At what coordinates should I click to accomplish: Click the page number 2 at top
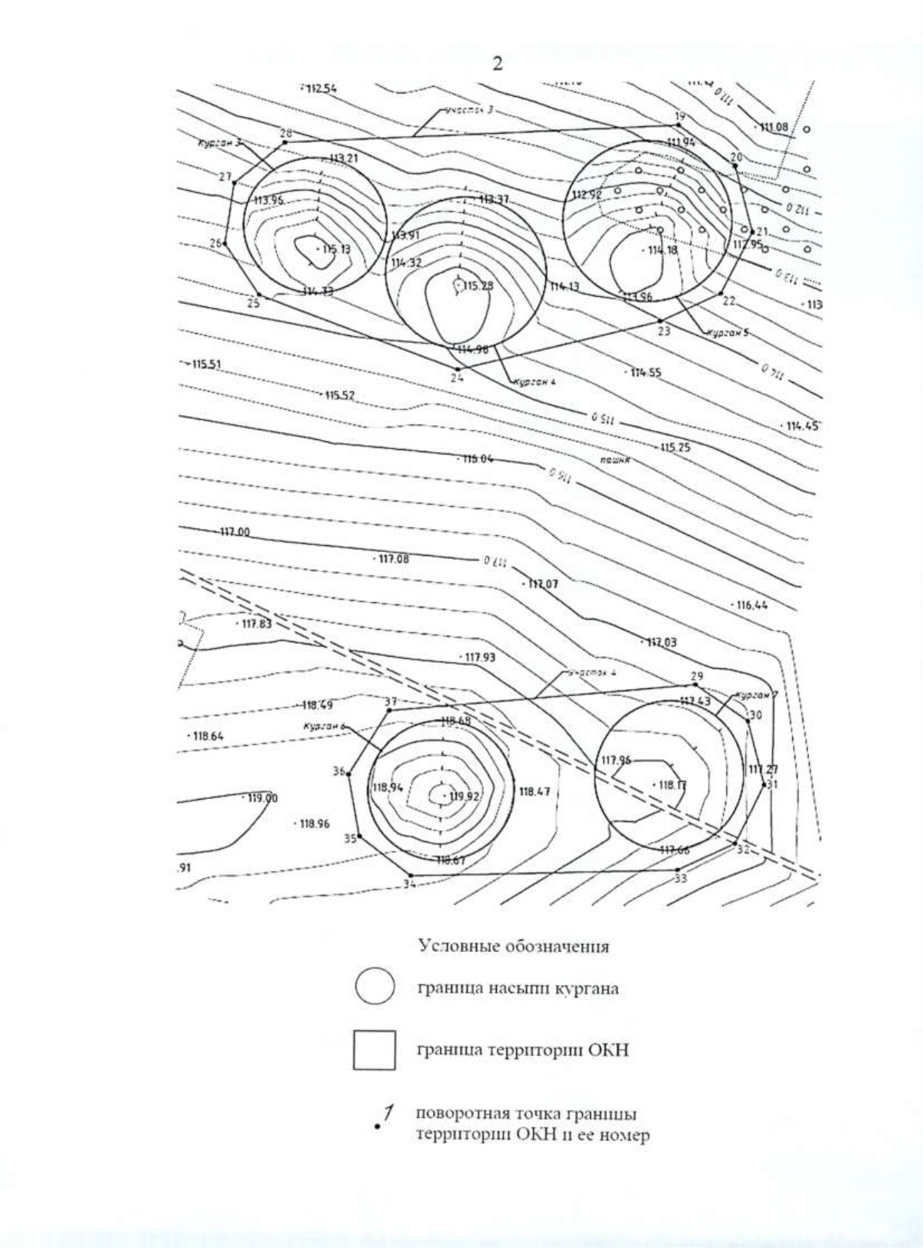497,64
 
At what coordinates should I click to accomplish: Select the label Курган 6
322,725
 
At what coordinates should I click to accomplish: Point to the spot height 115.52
338,395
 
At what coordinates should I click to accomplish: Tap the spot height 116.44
751,605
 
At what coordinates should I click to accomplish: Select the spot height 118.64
207,736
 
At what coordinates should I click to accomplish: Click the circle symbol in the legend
375,987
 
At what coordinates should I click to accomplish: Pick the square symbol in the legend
375,1050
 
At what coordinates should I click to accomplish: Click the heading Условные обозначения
513,947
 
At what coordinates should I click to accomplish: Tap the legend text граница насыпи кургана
517,989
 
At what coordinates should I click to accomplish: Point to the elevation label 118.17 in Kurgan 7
670,785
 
